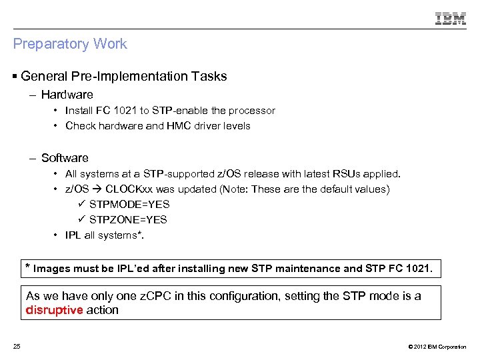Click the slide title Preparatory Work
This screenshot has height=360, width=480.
(70, 45)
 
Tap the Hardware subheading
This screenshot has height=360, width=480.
(67, 95)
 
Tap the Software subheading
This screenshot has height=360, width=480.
(65, 158)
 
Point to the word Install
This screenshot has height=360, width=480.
(79, 111)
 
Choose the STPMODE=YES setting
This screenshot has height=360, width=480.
(129, 205)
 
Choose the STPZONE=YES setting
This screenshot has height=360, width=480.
(128, 220)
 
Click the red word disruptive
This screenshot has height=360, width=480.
(54, 310)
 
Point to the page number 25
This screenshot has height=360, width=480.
(17, 346)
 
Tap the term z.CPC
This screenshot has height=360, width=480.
(153, 296)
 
